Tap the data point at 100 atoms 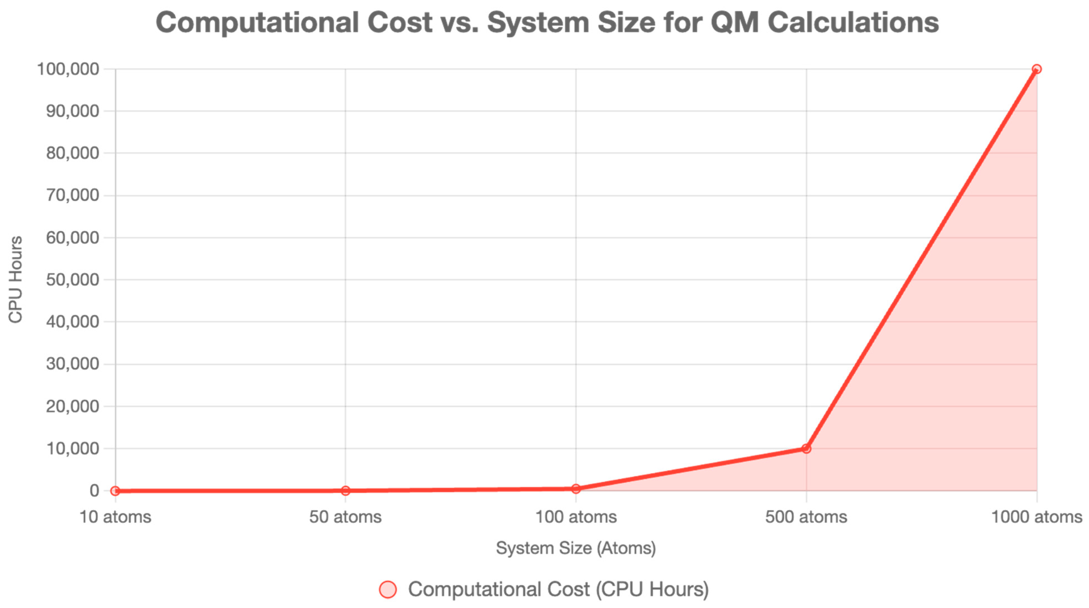tap(575, 488)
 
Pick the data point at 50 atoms tap(345, 490)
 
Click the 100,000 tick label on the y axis tap(68, 69)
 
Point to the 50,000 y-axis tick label tap(72, 280)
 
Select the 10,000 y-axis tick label tap(72, 448)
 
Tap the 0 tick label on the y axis tap(94, 490)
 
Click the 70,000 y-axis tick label tap(72, 195)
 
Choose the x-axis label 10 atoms tap(115, 517)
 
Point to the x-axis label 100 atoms tap(575, 517)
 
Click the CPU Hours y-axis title tap(16, 280)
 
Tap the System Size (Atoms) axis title tap(575, 548)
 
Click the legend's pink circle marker tap(388, 589)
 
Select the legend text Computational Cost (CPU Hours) tap(558, 589)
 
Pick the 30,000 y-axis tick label tap(72, 364)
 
